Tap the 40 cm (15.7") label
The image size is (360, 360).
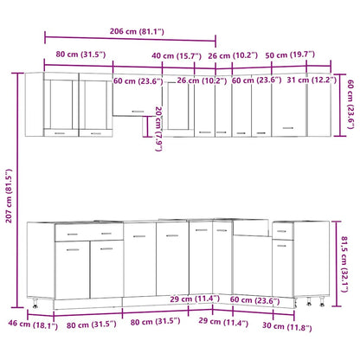173,56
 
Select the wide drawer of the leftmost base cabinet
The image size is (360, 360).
90,234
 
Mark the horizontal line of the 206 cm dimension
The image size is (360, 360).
130,38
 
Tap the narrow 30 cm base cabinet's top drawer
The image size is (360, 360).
284,231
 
